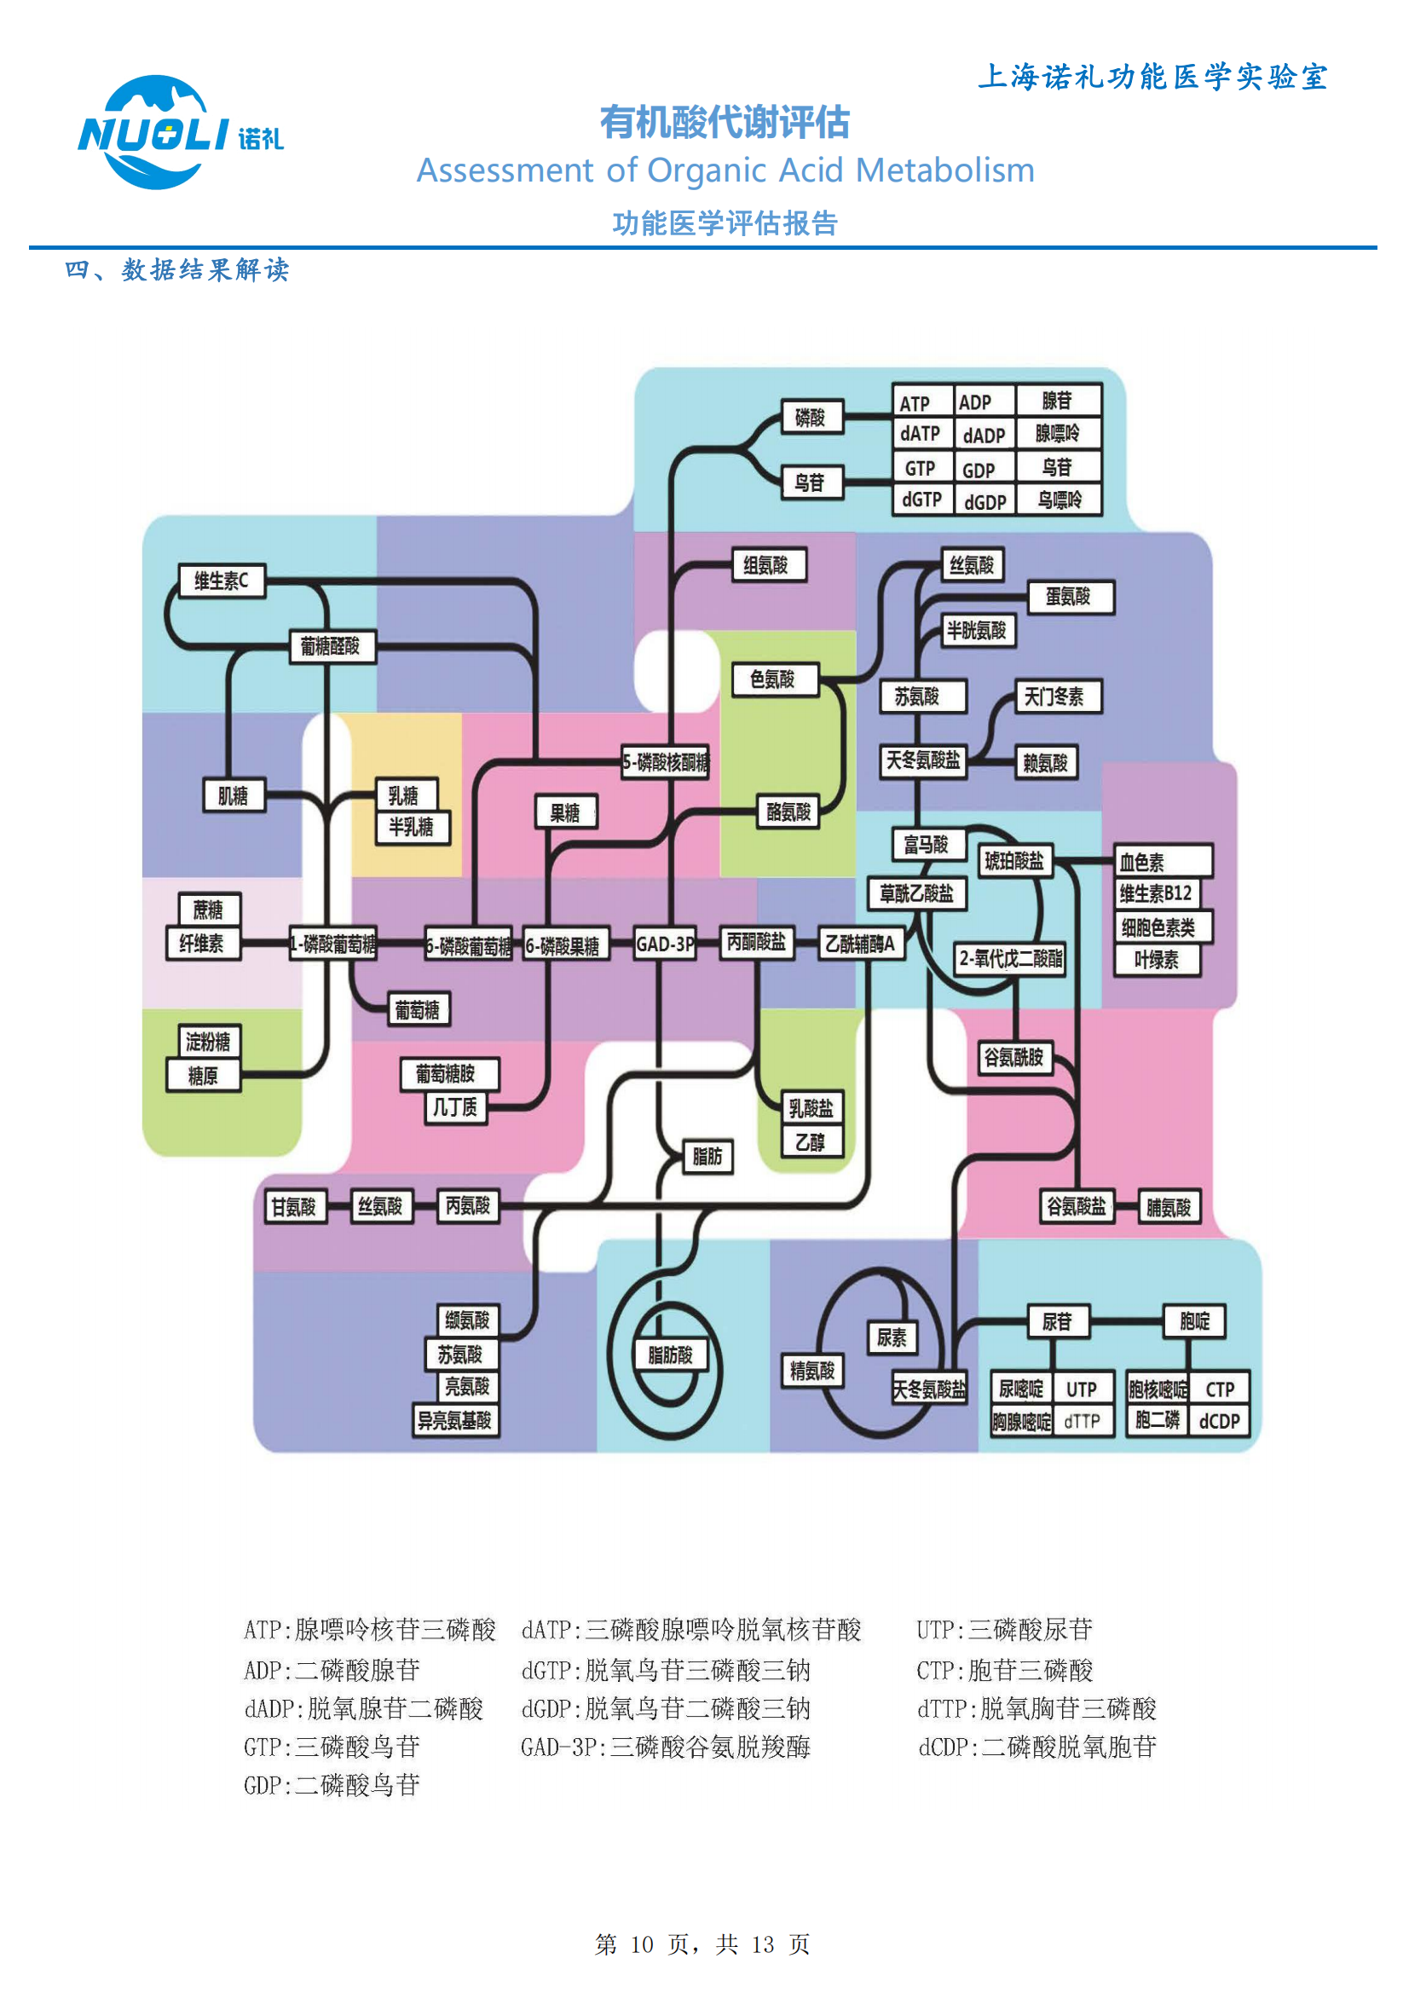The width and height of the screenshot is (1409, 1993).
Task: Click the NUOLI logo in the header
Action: [x=180, y=133]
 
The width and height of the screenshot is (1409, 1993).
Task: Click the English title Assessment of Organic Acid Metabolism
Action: [x=725, y=170]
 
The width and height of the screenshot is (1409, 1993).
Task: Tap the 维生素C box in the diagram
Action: [x=222, y=580]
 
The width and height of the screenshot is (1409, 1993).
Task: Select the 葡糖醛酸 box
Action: [x=331, y=646]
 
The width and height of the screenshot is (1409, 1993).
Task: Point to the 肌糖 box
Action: [x=233, y=795]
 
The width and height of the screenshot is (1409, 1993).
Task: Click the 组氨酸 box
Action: [x=768, y=565]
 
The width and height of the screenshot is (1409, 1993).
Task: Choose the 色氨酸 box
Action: [x=774, y=679]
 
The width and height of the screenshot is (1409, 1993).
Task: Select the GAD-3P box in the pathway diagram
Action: [x=664, y=944]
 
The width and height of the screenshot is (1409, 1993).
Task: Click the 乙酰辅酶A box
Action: [x=859, y=944]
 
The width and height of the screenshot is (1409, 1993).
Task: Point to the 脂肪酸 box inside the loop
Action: [x=670, y=1355]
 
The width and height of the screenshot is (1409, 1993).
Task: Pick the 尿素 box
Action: [x=892, y=1337]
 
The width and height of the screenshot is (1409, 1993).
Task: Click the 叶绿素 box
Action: [x=1158, y=960]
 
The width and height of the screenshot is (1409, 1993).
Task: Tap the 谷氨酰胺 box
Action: [x=1013, y=1057]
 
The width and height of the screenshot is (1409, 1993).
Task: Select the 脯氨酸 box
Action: [x=1169, y=1206]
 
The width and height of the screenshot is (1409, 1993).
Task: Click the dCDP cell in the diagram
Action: [x=1219, y=1421]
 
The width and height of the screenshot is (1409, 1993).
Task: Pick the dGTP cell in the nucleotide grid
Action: [x=922, y=500]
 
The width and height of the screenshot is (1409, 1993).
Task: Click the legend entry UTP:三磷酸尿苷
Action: [x=1004, y=1629]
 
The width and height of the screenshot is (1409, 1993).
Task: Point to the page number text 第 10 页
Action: [x=643, y=1944]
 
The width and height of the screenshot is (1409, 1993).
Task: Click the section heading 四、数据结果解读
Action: [x=177, y=270]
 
